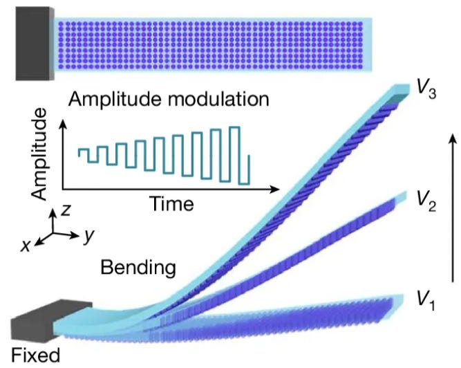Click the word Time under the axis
tap(170, 204)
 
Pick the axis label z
tap(64, 210)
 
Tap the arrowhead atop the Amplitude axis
tap(62, 125)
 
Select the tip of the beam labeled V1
tap(401, 302)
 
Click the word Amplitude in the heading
tap(113, 98)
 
